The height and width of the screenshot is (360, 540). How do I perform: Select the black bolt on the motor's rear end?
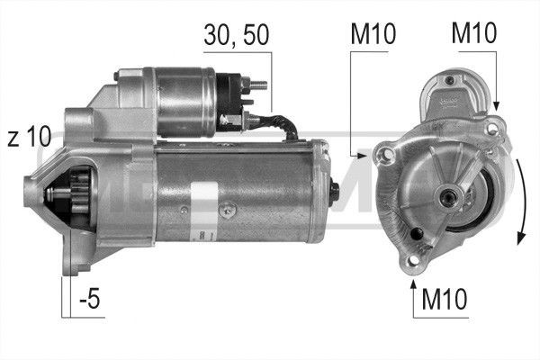[x=335, y=192]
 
